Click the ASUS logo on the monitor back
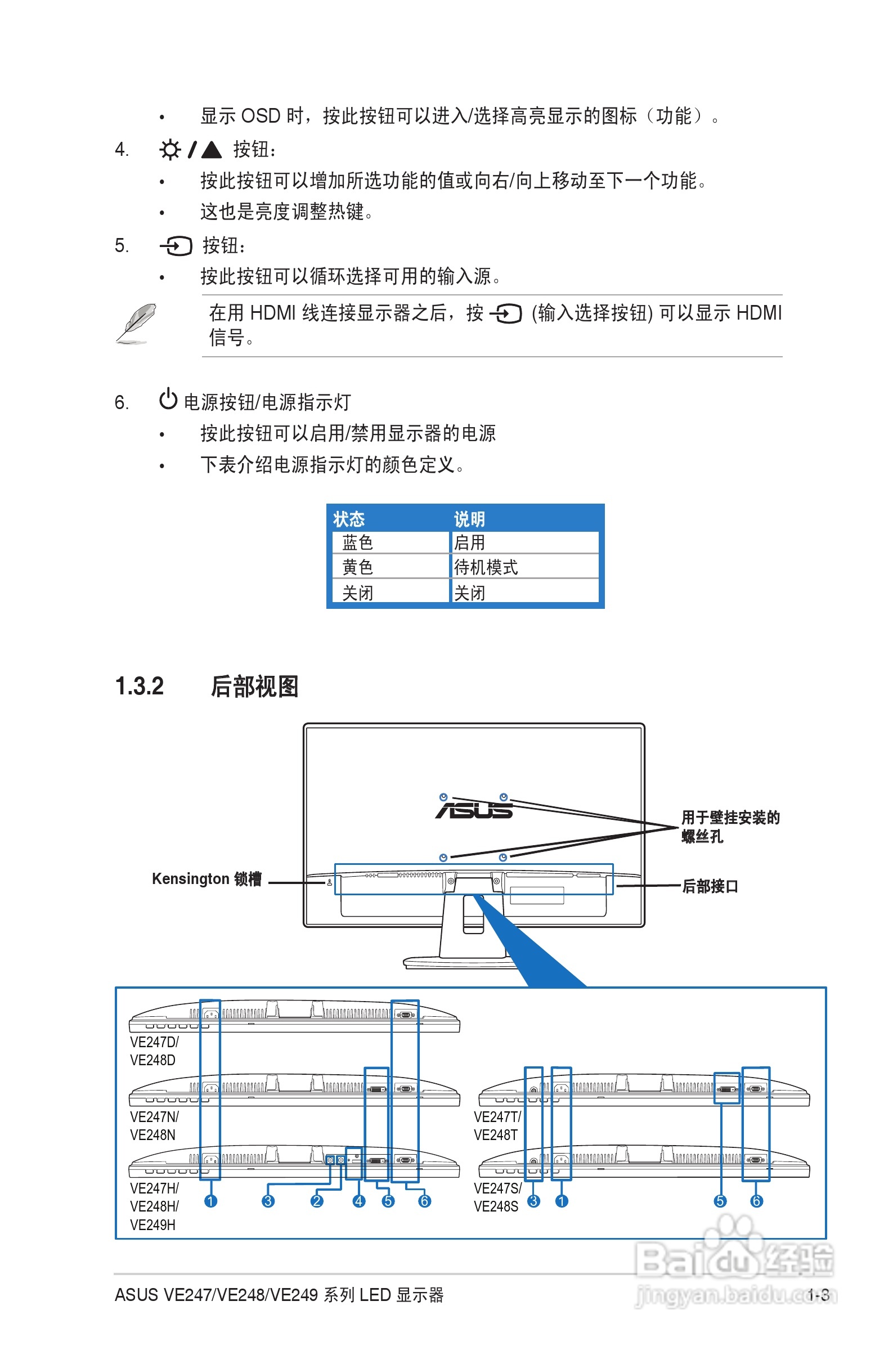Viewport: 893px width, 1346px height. [x=474, y=810]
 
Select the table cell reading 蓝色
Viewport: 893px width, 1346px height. [x=358, y=542]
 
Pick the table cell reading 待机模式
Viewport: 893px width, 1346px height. [x=486, y=567]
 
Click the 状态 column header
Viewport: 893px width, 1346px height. [x=348, y=519]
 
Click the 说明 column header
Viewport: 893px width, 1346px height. [x=469, y=519]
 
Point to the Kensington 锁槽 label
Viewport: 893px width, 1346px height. [x=207, y=878]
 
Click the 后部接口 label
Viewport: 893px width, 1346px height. [x=710, y=886]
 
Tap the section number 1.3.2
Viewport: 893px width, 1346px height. [x=140, y=686]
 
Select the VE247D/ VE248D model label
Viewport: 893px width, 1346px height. [x=154, y=1051]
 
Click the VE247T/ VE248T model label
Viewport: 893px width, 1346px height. [x=497, y=1125]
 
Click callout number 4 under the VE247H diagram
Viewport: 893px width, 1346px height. [x=359, y=1201]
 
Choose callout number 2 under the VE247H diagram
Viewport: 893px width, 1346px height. [x=317, y=1201]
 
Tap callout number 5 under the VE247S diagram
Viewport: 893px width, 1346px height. [x=720, y=1201]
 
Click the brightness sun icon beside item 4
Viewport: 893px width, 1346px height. [x=170, y=150]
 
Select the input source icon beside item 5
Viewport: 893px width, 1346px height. [x=176, y=246]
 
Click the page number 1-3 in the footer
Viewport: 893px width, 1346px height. [x=818, y=1295]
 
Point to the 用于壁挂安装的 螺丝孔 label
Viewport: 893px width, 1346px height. [x=730, y=827]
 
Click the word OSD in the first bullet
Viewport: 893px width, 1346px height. [x=261, y=116]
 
